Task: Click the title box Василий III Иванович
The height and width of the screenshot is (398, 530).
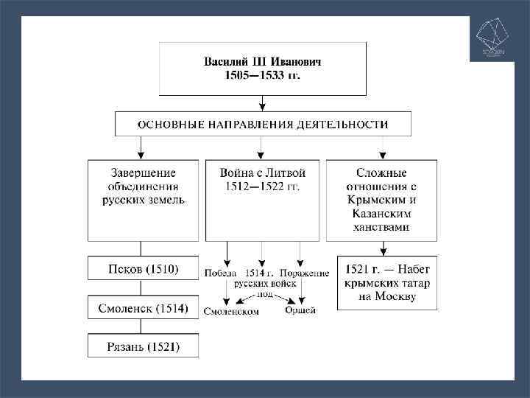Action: click(x=262, y=69)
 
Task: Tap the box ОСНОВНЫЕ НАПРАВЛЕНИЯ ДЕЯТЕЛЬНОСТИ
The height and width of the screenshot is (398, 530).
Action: click(x=263, y=124)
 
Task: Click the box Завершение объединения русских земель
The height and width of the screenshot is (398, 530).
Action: click(x=143, y=199)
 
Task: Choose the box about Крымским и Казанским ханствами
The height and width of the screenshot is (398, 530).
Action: click(x=383, y=199)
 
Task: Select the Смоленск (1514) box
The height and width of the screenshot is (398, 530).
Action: click(x=143, y=308)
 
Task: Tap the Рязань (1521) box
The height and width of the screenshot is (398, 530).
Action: click(x=143, y=346)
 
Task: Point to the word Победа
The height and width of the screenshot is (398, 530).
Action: click(x=221, y=273)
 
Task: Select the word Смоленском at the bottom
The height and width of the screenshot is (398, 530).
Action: click(x=231, y=311)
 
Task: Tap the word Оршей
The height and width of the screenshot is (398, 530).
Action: click(x=300, y=310)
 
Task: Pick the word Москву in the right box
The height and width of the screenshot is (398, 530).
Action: click(x=398, y=297)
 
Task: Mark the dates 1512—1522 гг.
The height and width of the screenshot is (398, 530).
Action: click(x=263, y=186)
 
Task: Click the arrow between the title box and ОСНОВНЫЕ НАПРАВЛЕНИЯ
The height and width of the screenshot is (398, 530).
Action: click(x=263, y=104)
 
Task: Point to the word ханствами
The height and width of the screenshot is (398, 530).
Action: click(x=383, y=226)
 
